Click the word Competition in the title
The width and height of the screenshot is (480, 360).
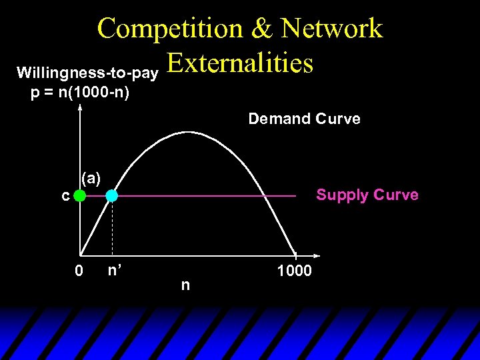coord(170,29)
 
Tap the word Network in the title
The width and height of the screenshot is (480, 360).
coord(331,29)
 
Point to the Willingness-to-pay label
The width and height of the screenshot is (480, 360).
coord(87,71)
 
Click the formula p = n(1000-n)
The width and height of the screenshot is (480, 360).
coord(80,92)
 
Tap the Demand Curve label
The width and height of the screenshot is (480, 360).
coord(304,119)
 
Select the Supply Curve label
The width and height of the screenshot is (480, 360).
coord(367,195)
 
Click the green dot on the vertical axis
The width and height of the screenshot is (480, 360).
coord(80,196)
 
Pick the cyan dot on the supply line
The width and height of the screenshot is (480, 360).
coord(111,196)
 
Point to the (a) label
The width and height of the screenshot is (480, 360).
coord(91,178)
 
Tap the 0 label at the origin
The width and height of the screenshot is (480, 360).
coord(79,271)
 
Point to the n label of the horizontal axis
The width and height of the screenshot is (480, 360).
coord(185,285)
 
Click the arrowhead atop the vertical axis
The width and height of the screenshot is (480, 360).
coord(80,107)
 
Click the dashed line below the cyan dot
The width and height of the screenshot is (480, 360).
coord(111,227)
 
